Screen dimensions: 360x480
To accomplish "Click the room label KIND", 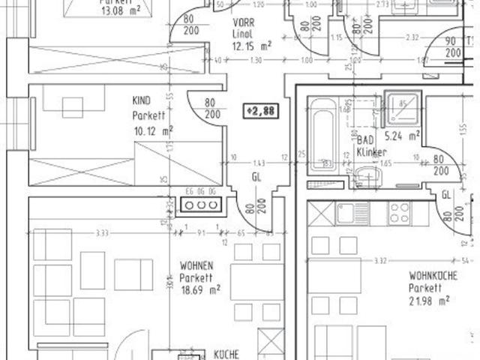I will click(x=141, y=101).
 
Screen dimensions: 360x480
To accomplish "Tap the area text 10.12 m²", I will click(x=152, y=130).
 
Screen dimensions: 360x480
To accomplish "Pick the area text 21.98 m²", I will click(x=429, y=300).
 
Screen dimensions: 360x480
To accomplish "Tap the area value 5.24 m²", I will click(x=401, y=136).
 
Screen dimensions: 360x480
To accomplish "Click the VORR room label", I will click(x=242, y=23).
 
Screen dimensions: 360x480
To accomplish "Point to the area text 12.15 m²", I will click(x=251, y=45).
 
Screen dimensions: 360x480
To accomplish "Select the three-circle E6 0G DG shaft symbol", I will click(x=200, y=205).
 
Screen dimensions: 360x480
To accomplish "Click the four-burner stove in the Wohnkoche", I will click(x=398, y=213).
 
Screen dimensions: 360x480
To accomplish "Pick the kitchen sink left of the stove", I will click(x=349, y=213).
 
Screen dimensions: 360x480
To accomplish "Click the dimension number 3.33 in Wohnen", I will click(x=103, y=233).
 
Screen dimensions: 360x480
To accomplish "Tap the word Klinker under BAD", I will click(x=372, y=152).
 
